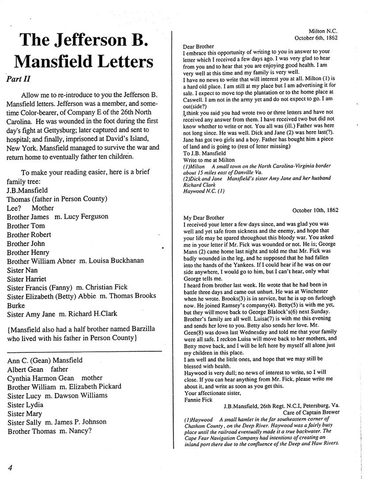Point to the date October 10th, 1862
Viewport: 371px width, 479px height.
pyautogui.click(x=315, y=210)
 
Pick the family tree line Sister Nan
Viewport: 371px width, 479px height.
pyautogui.click(x=22, y=270)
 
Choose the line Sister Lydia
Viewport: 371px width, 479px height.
pyautogui.click(x=25, y=404)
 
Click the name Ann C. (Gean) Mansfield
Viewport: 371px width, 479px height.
pyautogui.click(x=45, y=360)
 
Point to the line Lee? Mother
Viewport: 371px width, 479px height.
pyautogui.click(x=30, y=208)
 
